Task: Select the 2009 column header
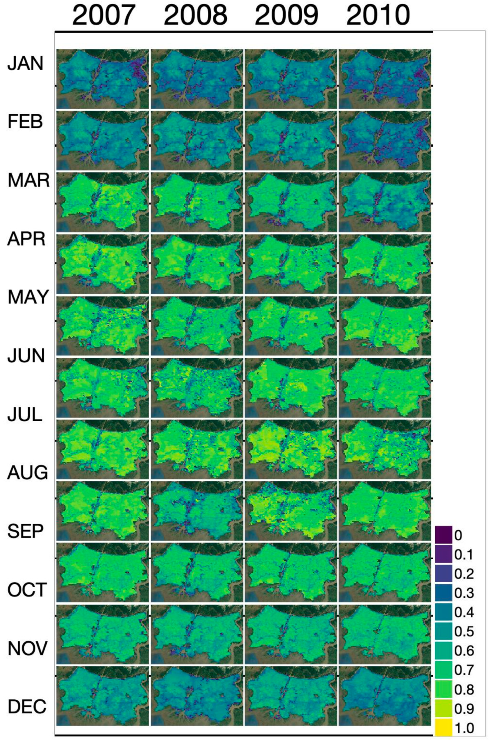coord(287,15)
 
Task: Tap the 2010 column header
coord(378,15)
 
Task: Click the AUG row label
coord(28,473)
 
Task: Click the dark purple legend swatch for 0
coord(443,535)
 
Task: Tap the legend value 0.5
coord(464,631)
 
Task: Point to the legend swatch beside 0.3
coord(443,593)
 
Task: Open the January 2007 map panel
coord(103,79)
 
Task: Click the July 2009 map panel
coord(291,449)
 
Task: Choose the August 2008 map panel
coord(197,510)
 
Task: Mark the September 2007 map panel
coord(103,572)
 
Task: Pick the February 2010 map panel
coord(385,140)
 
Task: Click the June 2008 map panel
coord(197,387)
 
